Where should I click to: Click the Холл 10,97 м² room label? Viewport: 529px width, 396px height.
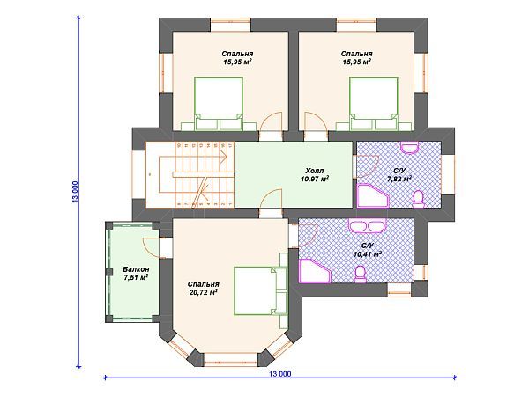point(315,175)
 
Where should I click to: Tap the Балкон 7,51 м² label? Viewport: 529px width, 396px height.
point(136,274)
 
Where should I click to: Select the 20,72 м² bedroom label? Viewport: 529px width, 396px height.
point(204,289)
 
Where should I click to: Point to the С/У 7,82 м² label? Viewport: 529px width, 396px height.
point(399,175)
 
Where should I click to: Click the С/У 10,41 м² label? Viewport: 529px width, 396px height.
point(368,250)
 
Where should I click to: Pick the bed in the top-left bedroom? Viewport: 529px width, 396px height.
point(219,104)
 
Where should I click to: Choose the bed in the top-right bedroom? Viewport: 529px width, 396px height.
point(374,104)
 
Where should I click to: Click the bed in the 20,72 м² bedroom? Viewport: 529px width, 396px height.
point(260,291)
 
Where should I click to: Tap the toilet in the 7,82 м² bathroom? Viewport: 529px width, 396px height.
point(419,197)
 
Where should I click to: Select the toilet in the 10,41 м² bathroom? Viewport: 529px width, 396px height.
point(361,274)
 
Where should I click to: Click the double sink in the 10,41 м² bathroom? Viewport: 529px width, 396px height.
point(367,225)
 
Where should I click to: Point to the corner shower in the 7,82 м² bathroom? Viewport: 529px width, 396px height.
point(372,195)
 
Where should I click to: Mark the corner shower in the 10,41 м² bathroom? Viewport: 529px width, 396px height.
point(315,271)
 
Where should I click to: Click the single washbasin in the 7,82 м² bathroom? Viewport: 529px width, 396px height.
point(410,148)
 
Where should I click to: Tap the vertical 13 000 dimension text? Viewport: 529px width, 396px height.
point(75,192)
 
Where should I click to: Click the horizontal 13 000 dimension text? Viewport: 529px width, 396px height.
point(280,374)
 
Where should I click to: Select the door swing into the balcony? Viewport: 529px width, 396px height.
point(152,246)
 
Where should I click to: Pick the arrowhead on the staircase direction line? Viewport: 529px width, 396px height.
point(223,157)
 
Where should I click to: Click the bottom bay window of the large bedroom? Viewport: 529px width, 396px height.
point(231,360)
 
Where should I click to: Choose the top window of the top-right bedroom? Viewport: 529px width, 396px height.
point(356,25)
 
